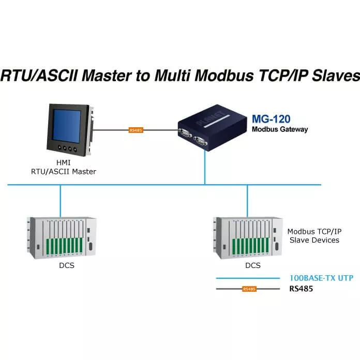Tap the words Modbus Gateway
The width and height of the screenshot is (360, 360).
click(280, 129)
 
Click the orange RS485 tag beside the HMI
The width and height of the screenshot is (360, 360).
click(136, 130)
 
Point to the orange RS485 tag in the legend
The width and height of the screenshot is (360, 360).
click(249, 289)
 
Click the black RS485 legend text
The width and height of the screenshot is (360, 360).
click(301, 289)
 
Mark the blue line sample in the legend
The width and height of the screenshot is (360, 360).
click(248, 278)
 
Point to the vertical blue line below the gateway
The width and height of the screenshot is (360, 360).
click(205, 168)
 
